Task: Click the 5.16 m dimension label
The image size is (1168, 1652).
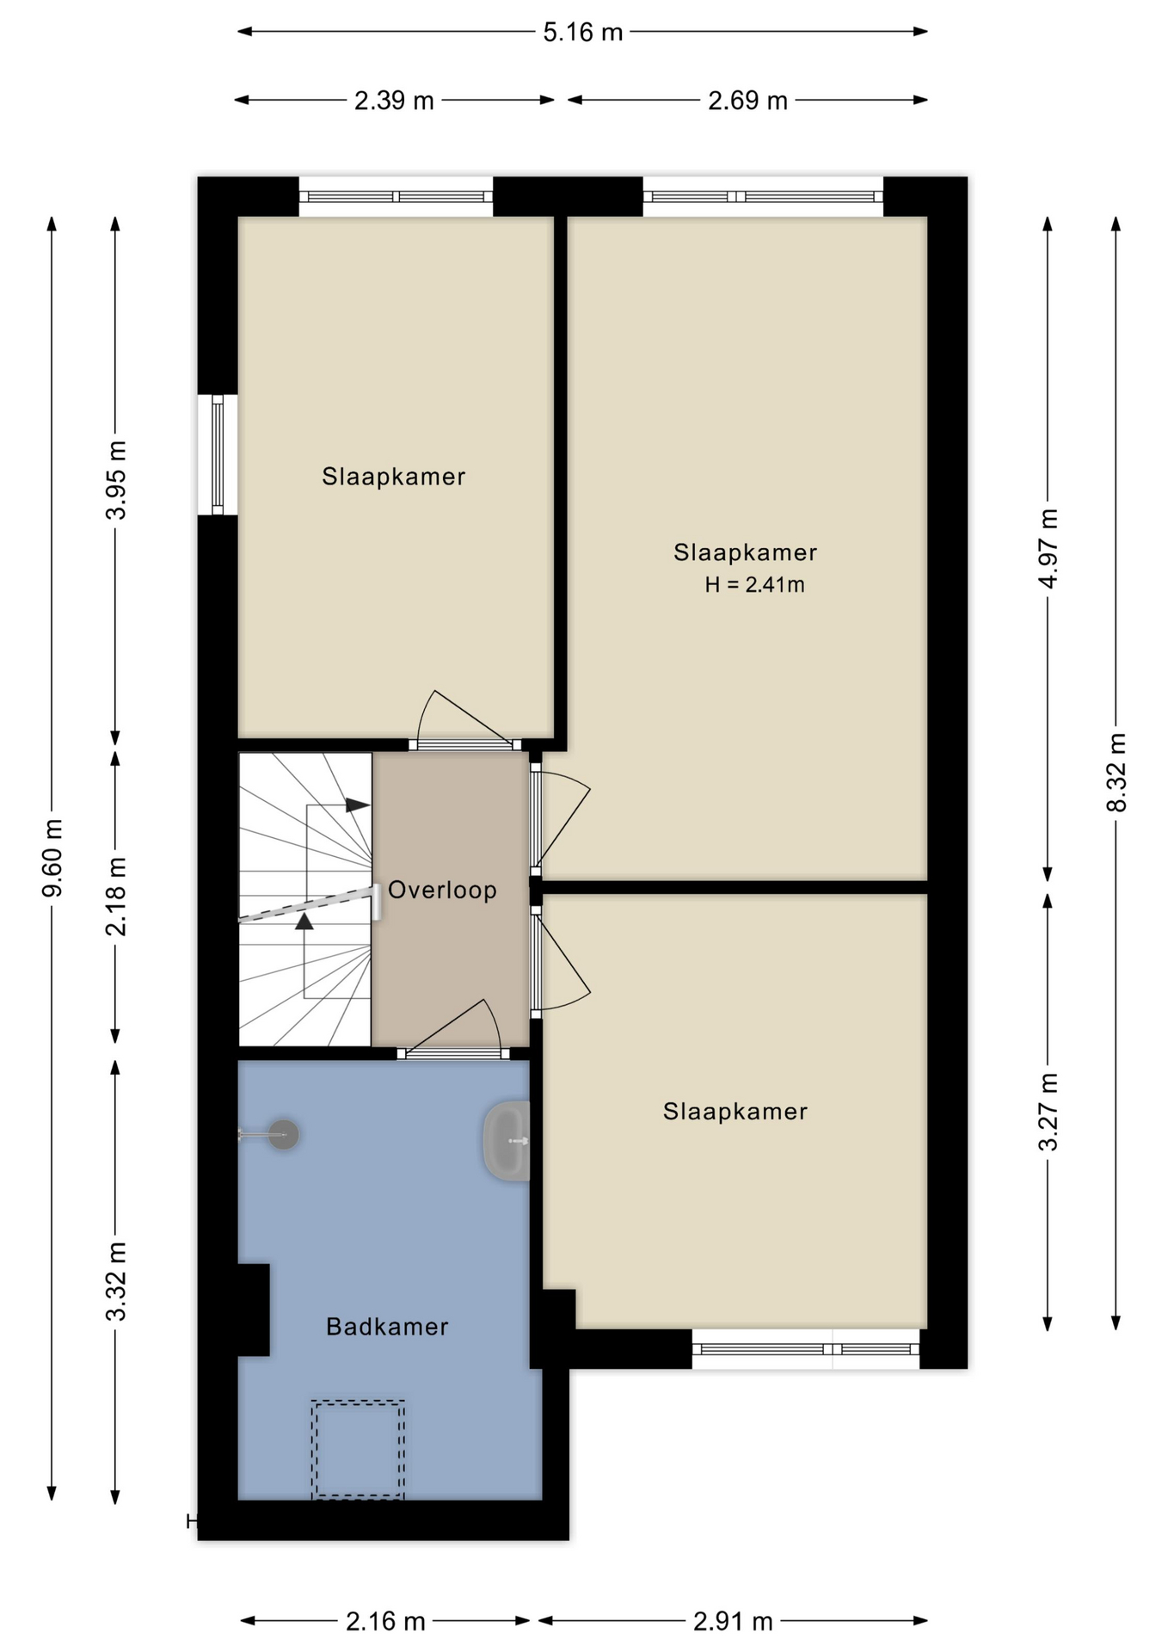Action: click(582, 33)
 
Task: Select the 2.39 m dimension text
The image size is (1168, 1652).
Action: click(394, 101)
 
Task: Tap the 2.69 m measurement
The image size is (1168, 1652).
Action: click(747, 101)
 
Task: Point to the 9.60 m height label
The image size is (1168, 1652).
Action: click(52, 858)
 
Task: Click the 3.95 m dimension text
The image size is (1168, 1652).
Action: click(116, 480)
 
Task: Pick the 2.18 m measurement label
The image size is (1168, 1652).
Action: click(116, 896)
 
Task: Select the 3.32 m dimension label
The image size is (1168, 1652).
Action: click(116, 1281)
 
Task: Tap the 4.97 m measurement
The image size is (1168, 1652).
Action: click(1048, 548)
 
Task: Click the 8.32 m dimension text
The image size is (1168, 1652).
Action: click(1116, 772)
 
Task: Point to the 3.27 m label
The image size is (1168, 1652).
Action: click(1048, 1112)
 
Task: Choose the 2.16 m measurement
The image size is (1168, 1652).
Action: click(385, 1622)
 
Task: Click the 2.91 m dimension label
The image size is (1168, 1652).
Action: click(733, 1622)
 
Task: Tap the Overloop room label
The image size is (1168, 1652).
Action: click(442, 890)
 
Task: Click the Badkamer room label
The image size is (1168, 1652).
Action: click(387, 1327)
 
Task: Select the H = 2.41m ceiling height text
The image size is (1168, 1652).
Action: click(754, 585)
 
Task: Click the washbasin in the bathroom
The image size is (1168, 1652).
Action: click(507, 1141)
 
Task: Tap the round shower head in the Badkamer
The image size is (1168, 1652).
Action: click(283, 1135)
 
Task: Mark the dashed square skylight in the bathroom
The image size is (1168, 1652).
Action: click(358, 1450)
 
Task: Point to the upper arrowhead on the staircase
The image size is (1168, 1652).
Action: click(358, 805)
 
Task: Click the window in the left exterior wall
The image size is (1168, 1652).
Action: click(218, 454)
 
